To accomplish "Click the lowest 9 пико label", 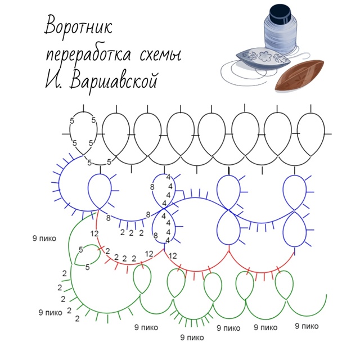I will point(192,337).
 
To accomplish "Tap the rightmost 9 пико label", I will point(307,326).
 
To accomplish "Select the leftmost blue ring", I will point(101,191).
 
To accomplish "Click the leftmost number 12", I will point(94,233).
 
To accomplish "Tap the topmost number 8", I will point(152,186).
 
